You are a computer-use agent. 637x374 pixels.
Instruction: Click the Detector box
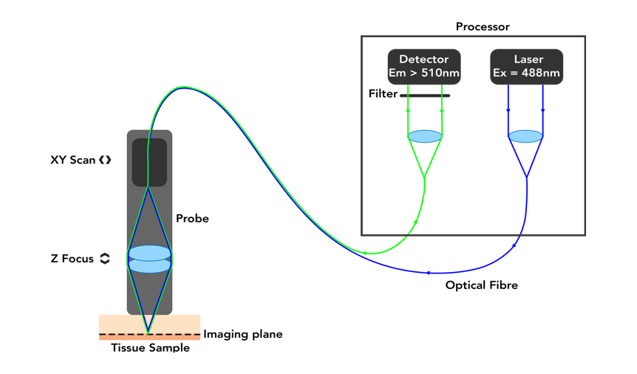pos(424,66)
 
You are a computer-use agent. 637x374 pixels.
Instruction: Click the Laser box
pos(527,66)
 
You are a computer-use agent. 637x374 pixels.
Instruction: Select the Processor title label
pos(483,27)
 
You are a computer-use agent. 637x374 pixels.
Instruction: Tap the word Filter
pos(383,94)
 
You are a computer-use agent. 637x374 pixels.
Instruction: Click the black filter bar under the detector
pos(425,95)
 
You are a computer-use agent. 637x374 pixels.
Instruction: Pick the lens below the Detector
pos(425,136)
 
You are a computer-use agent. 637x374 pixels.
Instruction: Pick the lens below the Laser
pos(525,136)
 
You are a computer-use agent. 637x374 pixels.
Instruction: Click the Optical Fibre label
pos(481,285)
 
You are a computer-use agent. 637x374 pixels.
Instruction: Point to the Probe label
pos(192,219)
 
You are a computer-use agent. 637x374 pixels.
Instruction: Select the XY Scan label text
pos(72,160)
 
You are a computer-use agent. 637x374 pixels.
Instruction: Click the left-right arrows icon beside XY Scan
pos(106,160)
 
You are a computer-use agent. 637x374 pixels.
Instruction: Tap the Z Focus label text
pos(72,259)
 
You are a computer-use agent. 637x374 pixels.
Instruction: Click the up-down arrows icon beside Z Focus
pos(105,259)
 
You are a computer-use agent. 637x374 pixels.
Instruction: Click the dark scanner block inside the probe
pos(149,162)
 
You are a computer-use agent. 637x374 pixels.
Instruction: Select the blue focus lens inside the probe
pos(149,259)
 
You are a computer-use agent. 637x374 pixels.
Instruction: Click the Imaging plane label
pos(242,334)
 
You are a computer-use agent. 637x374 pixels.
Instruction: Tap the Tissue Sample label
pos(150,348)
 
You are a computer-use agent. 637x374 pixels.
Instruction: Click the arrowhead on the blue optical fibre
pos(428,273)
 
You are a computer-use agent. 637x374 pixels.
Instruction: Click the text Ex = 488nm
pos(527,73)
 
